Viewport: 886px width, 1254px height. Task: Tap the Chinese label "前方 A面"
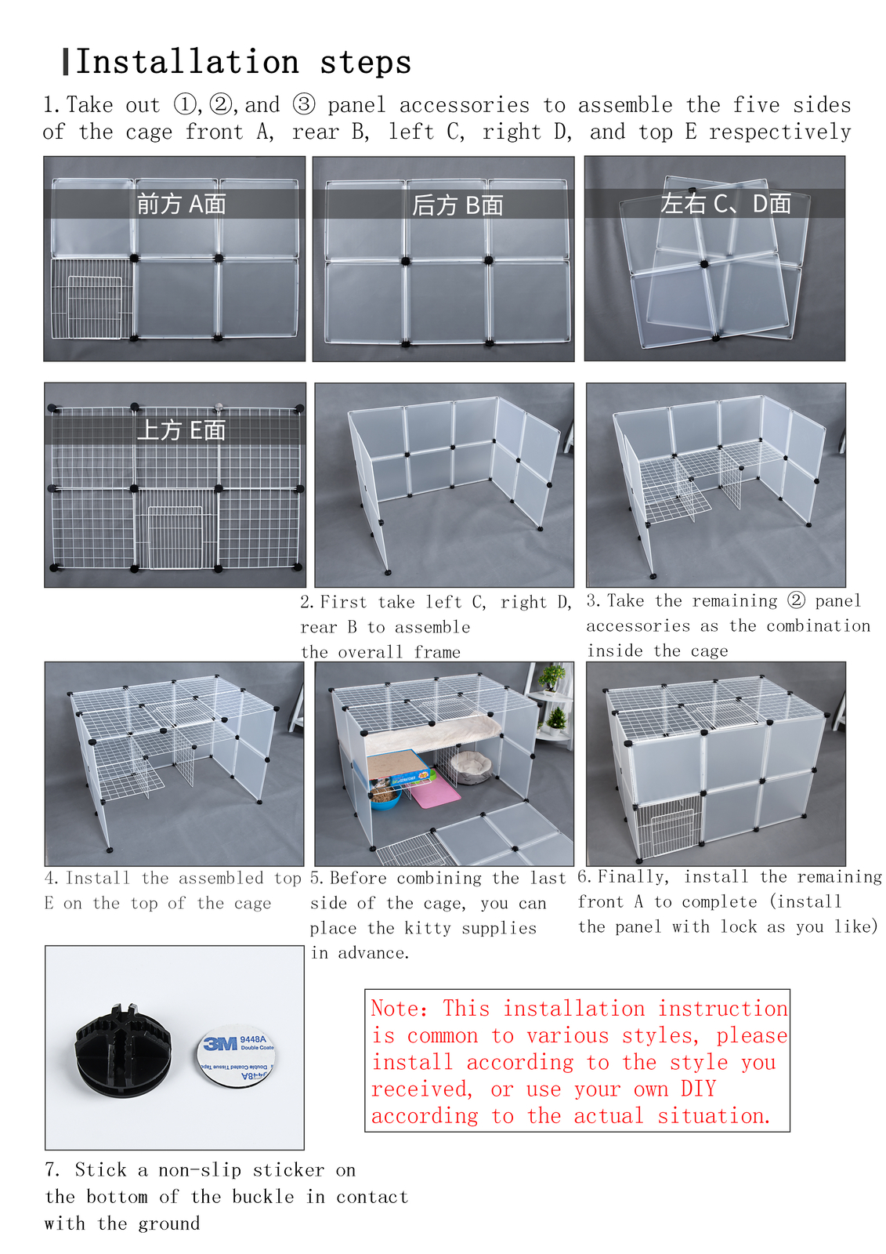pyautogui.click(x=181, y=204)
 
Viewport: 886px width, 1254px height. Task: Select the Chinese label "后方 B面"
pyautogui.click(x=457, y=205)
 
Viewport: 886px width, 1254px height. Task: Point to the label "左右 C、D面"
pyautogui.click(x=725, y=204)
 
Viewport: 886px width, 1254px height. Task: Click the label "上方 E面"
pyautogui.click(x=181, y=430)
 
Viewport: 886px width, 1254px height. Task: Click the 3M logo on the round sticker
pyautogui.click(x=220, y=1044)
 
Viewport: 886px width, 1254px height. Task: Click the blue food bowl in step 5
pyautogui.click(x=385, y=797)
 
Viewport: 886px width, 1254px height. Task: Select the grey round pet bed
pyautogui.click(x=471, y=763)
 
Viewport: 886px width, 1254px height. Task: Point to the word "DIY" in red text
pyautogui.click(x=699, y=1089)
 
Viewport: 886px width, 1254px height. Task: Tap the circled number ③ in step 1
pyautogui.click(x=304, y=104)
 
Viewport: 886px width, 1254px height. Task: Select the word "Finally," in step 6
pyautogui.click(x=633, y=877)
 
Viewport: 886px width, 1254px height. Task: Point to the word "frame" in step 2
pyautogui.click(x=436, y=651)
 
